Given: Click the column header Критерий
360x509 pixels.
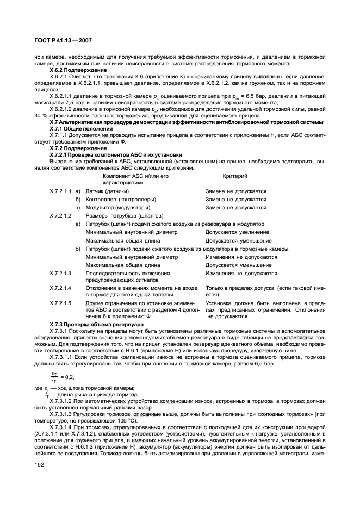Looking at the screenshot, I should click(x=235, y=176).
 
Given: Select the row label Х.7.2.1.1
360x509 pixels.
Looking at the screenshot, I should click(x=60, y=191).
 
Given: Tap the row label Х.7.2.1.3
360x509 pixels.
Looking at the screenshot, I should click(x=60, y=273).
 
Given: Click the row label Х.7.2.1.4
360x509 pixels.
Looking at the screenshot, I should click(x=60, y=288).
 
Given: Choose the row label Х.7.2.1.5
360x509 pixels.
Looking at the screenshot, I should click(x=60, y=302).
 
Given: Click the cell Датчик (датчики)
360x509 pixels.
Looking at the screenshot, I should click(x=107, y=191).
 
